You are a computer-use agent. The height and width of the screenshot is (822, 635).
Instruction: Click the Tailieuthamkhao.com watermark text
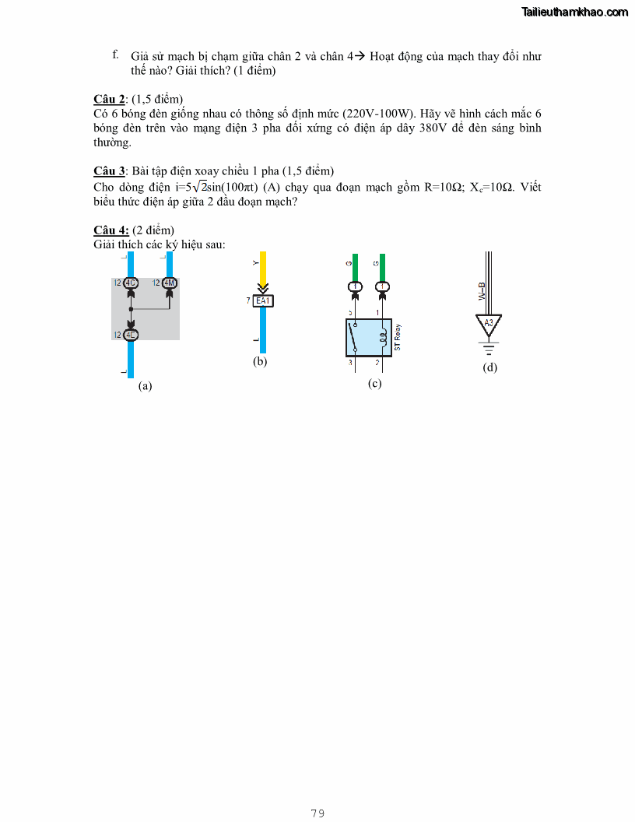pyautogui.click(x=575, y=12)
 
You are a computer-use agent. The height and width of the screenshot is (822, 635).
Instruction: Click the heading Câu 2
pyautogui.click(x=109, y=99)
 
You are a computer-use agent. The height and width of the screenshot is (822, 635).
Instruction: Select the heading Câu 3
pyautogui.click(x=109, y=171)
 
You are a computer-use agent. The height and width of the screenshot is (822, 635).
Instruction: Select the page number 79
pyautogui.click(x=317, y=813)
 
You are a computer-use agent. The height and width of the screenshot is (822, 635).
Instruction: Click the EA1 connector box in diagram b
pyautogui.click(x=265, y=300)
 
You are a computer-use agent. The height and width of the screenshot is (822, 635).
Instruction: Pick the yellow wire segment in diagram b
pyautogui.click(x=264, y=269)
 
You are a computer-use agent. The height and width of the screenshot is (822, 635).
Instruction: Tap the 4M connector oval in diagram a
pyautogui.click(x=170, y=283)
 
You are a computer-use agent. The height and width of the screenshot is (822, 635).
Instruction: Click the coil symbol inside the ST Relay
pyautogui.click(x=382, y=338)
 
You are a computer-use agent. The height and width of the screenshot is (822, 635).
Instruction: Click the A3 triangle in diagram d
pyautogui.click(x=489, y=323)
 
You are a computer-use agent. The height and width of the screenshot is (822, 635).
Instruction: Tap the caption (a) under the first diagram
pyautogui.click(x=145, y=385)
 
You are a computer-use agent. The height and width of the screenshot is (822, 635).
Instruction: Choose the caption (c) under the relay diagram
pyautogui.click(x=374, y=384)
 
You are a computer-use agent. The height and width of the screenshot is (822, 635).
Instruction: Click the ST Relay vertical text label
pyautogui.click(x=398, y=339)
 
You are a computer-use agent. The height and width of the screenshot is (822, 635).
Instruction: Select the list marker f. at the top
pyautogui.click(x=115, y=54)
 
